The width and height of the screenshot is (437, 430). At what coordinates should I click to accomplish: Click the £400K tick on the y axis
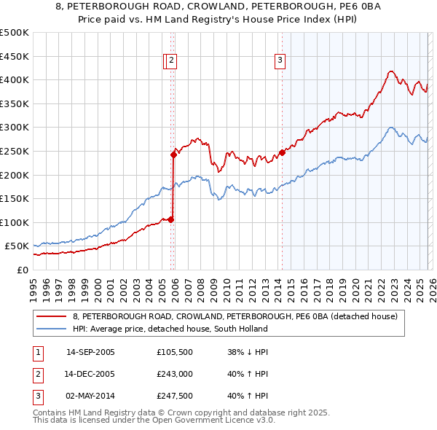[x=15, y=80]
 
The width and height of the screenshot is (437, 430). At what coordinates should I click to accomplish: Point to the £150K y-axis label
[x=15, y=198]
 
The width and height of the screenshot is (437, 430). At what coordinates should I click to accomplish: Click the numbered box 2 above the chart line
[x=171, y=61]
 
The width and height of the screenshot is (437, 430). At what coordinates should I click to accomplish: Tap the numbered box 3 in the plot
[x=280, y=61]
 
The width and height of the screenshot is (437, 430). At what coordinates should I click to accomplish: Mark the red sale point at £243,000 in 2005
[x=174, y=155]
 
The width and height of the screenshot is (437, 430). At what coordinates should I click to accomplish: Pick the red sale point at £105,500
[x=171, y=219]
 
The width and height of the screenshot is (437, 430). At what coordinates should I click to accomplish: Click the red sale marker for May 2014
[x=282, y=152]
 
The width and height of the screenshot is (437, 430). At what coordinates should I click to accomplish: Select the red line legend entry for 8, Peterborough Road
[x=235, y=316]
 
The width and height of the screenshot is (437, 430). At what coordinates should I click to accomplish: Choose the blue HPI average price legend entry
[x=170, y=329]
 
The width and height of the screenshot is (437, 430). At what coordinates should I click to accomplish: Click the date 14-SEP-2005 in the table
[x=90, y=352]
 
